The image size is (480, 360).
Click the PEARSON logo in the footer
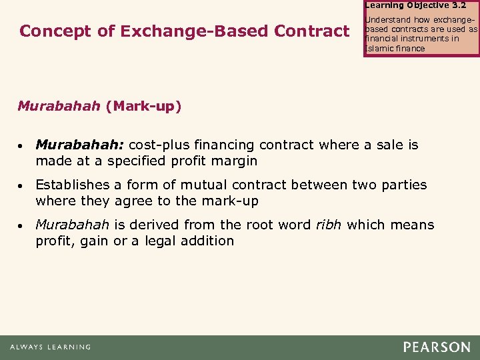(x=436, y=347)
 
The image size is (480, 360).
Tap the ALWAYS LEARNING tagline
(x=50, y=347)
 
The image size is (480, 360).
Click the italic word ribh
(x=327, y=225)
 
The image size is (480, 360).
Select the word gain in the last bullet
(x=95, y=241)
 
